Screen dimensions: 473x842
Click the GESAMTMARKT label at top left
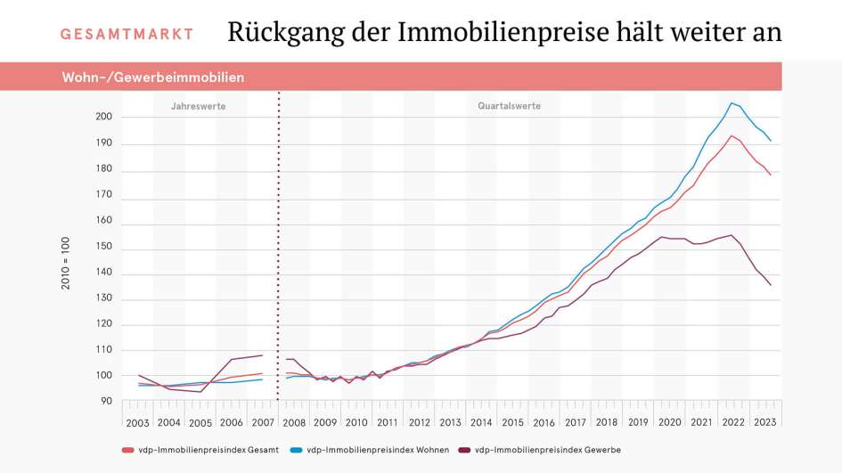tap(127, 35)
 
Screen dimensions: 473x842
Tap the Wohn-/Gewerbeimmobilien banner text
tap(152, 77)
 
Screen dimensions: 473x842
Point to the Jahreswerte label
tap(198, 106)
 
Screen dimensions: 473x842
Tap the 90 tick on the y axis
tap(106, 402)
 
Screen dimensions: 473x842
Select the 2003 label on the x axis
tap(138, 423)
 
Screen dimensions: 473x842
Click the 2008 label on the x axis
tap(294, 423)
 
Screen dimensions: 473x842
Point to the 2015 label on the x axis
tap(512, 423)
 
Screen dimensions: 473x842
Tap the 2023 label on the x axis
tap(764, 423)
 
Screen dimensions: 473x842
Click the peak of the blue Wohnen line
tap(732, 102)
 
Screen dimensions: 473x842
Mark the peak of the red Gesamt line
tap(732, 135)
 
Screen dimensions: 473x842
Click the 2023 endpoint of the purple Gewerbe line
tap(771, 285)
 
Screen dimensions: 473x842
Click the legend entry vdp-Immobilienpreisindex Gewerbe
tap(541, 450)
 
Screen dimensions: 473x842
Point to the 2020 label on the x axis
tap(669, 423)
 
